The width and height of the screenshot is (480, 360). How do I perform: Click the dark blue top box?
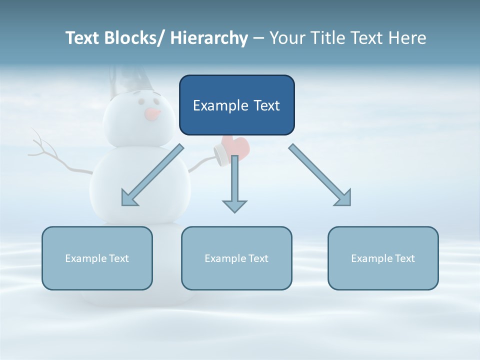tap(236, 105)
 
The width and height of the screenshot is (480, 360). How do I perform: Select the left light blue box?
tap(97, 258)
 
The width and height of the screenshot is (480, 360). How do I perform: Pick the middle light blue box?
tap(236, 258)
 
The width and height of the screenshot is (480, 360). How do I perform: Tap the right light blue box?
tap(383, 258)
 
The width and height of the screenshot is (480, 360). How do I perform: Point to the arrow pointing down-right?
tap(320, 175)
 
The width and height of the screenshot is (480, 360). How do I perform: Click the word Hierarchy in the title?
tap(209, 38)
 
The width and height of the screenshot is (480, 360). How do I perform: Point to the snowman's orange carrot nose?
tap(153, 114)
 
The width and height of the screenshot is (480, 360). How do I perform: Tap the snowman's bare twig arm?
tap(47, 152)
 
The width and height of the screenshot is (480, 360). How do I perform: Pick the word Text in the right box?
tap(404, 258)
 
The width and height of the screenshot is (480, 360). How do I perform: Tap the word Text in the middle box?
tap(257, 258)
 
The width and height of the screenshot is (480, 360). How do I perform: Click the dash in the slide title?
tap(258, 38)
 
